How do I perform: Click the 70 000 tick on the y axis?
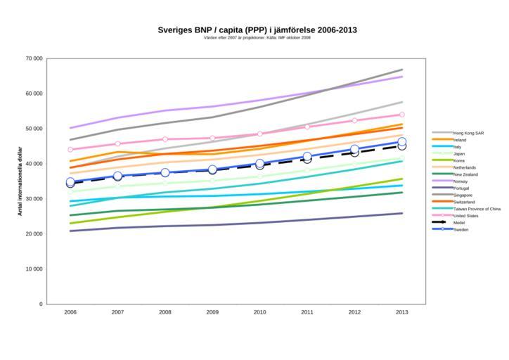tap(32, 58)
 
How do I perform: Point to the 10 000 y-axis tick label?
tap(32, 269)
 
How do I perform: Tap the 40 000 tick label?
tap(32, 164)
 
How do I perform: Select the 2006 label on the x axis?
tap(70, 311)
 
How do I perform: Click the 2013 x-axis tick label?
tap(402, 311)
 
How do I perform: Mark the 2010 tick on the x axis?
tap(260, 311)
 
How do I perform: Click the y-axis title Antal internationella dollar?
tap(20, 181)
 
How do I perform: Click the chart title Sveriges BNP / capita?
tap(257, 30)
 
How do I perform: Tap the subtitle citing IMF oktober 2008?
tap(257, 38)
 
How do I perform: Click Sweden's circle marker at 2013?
tap(402, 142)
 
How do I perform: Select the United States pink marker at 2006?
tap(70, 150)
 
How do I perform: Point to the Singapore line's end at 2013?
tap(402, 70)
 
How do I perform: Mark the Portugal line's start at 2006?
tap(70, 231)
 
